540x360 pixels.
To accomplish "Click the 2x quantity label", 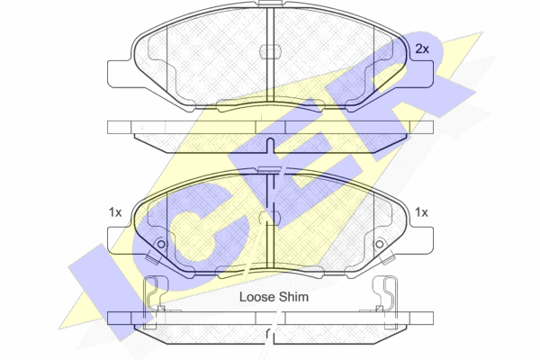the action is coord(422,49).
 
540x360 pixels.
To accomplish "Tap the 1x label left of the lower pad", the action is coord(115,212).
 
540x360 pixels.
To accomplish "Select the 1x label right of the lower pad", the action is coord(421,212).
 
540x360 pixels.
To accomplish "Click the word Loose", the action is coord(257,297).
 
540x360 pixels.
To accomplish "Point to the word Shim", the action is coord(293,297).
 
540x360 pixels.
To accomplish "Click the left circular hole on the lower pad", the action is coord(161,245).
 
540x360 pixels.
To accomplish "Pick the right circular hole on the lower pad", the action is coord(379,245).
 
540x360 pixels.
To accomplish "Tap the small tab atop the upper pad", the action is coord(271,3).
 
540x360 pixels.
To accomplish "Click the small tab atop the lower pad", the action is coord(271,169).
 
